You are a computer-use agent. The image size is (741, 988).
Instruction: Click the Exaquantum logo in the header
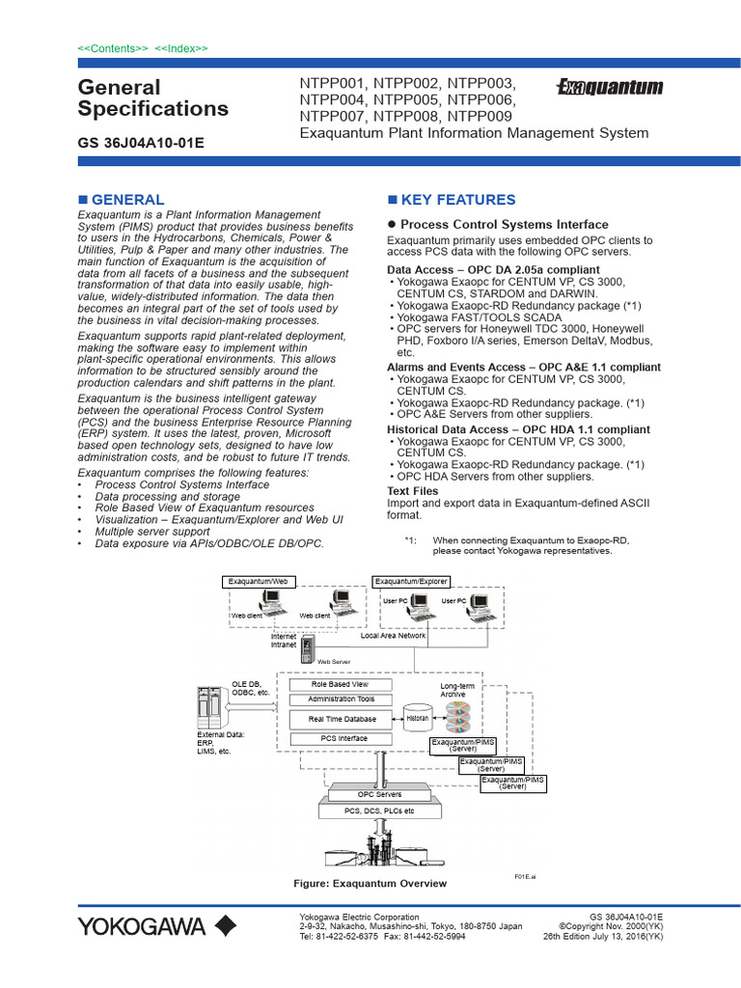pyautogui.click(x=610, y=88)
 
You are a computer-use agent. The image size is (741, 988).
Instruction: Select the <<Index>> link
pyautogui.click(x=181, y=47)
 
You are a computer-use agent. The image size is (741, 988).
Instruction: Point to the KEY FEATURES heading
pyautogui.click(x=457, y=200)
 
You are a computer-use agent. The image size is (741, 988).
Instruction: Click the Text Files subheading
pyautogui.click(x=412, y=491)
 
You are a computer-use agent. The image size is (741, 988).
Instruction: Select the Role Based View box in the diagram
pyautogui.click(x=339, y=684)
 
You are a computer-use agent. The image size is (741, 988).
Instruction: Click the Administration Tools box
pyautogui.click(x=341, y=700)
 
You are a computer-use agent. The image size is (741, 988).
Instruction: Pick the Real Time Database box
pyautogui.click(x=343, y=719)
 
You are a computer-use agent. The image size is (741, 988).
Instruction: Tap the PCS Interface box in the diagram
pyautogui.click(x=343, y=739)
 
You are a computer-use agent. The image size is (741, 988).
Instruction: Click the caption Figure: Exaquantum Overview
pyautogui.click(x=370, y=884)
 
